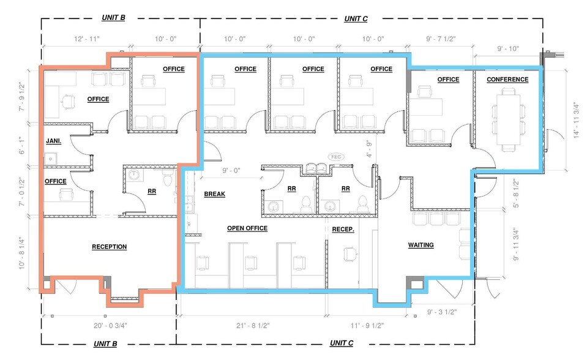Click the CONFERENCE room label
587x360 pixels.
507,80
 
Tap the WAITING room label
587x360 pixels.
421,245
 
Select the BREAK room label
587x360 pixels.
214,194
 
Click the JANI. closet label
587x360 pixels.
53,141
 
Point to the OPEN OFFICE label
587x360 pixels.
247,228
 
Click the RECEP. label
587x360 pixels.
343,229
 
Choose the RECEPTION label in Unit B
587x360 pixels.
110,247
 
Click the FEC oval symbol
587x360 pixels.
336,157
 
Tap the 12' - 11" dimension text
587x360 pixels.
86,39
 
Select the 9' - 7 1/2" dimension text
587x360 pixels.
441,39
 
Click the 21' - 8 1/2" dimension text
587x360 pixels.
253,326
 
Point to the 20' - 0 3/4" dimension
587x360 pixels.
110,326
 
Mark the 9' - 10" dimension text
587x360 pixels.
508,49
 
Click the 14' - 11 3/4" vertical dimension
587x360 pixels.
577,120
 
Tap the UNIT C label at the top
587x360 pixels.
356,19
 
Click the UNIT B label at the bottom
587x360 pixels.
105,344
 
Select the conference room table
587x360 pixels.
508,120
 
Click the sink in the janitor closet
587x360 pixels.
51,159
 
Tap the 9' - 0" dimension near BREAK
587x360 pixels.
231,170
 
